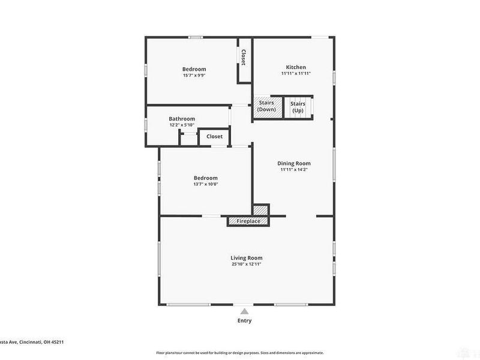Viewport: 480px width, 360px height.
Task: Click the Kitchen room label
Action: point(296,67)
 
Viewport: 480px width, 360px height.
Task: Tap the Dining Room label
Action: point(294,163)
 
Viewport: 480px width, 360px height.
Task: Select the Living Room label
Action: point(247,258)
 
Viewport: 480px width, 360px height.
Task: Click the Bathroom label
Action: point(182,119)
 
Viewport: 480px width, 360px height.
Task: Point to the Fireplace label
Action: point(248,221)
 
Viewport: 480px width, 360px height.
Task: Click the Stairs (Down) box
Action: point(267,107)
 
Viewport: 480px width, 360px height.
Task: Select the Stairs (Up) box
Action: point(298,107)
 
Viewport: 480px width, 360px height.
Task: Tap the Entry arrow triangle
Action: point(244,311)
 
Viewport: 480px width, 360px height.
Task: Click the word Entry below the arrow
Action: point(244,320)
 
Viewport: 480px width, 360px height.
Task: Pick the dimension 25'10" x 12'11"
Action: point(247,265)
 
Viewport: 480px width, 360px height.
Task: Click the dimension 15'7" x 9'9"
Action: point(194,76)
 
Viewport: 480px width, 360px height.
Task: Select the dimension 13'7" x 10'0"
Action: point(205,184)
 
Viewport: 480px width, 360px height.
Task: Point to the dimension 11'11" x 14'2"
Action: point(294,170)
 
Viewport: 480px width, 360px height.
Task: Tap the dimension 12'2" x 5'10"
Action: point(182,125)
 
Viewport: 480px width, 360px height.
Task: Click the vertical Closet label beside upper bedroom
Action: point(244,58)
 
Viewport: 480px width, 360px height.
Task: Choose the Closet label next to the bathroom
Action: point(214,137)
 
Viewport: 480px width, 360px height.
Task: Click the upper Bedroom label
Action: point(194,69)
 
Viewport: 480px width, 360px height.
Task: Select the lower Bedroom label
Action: point(205,178)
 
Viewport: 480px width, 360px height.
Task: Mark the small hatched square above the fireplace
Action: point(260,211)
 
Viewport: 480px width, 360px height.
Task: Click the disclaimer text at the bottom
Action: point(240,353)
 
